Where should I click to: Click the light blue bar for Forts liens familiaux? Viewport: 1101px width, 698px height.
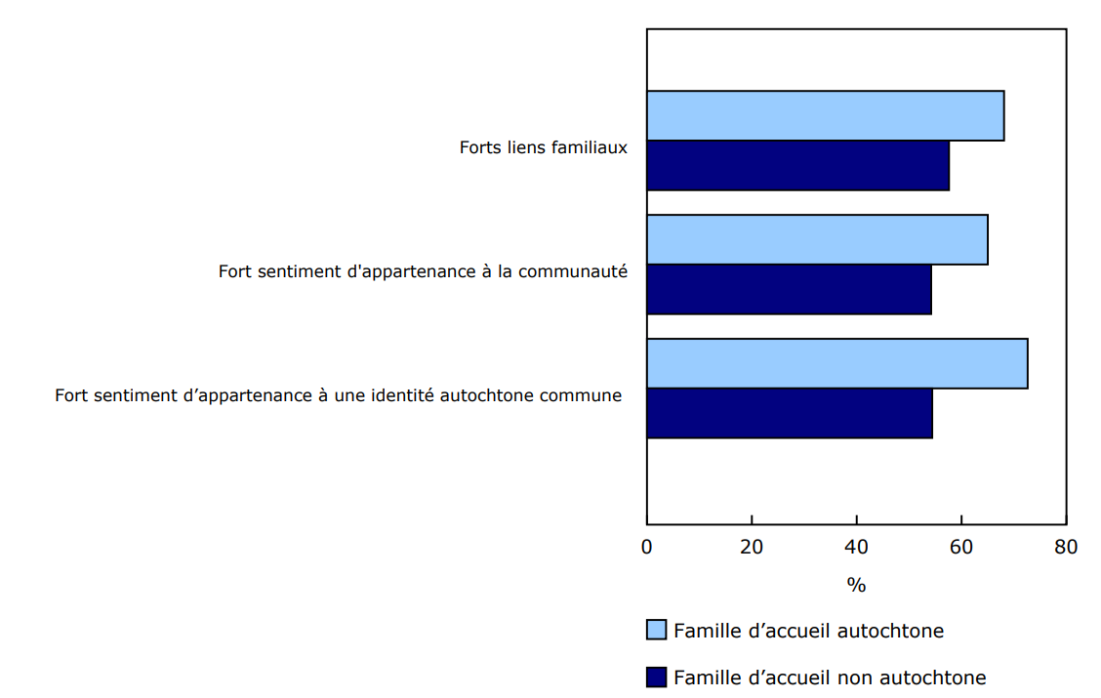[x=825, y=116]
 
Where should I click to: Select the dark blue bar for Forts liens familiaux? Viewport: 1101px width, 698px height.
[x=797, y=166]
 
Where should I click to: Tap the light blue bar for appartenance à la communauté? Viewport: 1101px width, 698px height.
[x=817, y=240]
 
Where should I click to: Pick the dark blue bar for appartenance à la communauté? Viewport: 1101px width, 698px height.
[x=789, y=289]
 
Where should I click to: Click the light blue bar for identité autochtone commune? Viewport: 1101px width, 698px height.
[x=836, y=364]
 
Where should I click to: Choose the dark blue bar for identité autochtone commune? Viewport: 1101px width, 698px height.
[x=789, y=413]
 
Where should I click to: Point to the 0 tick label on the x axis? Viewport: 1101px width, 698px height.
[x=646, y=547]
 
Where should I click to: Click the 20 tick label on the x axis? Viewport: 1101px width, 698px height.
[x=752, y=547]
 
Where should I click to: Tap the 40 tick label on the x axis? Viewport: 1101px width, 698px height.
[x=856, y=547]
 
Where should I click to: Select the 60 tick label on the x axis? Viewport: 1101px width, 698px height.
[x=961, y=547]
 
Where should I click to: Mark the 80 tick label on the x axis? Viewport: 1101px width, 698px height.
[x=1066, y=547]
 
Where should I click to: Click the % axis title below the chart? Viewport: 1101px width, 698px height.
[x=856, y=586]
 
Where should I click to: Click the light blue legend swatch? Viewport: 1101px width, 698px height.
[x=656, y=630]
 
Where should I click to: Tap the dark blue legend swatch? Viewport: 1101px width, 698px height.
[x=656, y=677]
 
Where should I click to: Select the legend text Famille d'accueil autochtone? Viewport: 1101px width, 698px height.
[x=808, y=631]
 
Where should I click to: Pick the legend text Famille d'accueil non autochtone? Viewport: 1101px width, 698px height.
[x=830, y=677]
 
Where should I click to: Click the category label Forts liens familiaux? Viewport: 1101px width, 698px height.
[x=543, y=147]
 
